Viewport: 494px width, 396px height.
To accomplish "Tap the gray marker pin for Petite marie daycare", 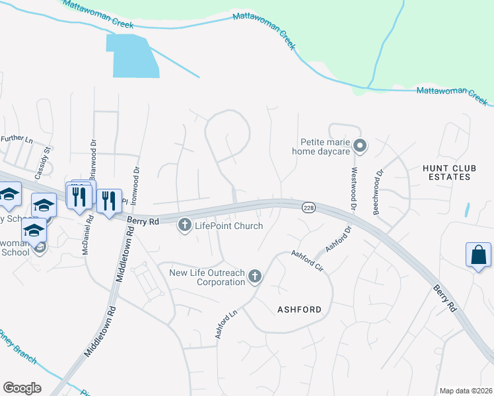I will [360, 145].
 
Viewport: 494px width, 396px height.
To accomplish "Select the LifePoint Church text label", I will [229, 226].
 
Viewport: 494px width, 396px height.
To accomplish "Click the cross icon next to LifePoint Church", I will [185, 226].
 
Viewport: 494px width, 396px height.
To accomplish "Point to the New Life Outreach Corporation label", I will [207, 277].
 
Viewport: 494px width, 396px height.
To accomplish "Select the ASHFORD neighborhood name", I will [299, 310].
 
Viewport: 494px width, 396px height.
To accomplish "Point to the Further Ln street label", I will [17, 139].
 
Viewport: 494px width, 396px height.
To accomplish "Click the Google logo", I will [22, 388].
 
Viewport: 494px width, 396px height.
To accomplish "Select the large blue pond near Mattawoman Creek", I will [135, 55].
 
